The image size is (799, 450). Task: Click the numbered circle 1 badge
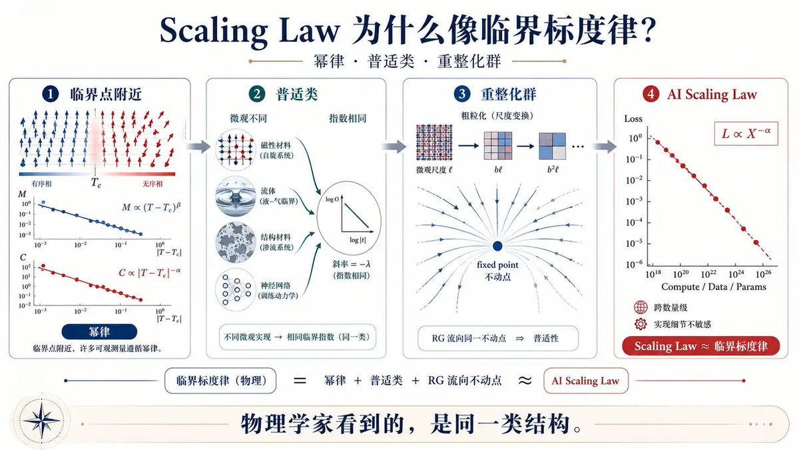point(51,94)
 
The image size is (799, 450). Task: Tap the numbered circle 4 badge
point(651,94)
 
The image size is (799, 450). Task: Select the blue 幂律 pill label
point(99,332)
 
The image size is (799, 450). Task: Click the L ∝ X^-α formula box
point(746,133)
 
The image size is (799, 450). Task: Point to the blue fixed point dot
point(497,246)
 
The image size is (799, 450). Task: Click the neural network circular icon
point(236,289)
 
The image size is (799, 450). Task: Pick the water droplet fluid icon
point(236,196)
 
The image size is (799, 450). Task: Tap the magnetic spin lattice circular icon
point(236,149)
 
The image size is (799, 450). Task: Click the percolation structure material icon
point(236,243)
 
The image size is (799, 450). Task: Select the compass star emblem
point(42,421)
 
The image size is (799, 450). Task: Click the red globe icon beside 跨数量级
point(641,307)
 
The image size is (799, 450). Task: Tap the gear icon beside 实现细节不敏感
point(641,324)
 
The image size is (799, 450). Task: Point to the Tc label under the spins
point(96,183)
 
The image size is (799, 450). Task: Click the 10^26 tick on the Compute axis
point(763,274)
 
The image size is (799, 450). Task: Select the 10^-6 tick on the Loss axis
point(634,264)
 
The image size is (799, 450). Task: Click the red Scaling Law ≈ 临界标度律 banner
point(701,346)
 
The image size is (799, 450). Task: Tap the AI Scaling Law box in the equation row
point(586,381)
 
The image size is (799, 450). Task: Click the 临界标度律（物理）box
point(220,381)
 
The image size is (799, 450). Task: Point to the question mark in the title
point(647,29)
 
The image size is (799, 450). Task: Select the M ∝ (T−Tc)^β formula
point(151,207)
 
